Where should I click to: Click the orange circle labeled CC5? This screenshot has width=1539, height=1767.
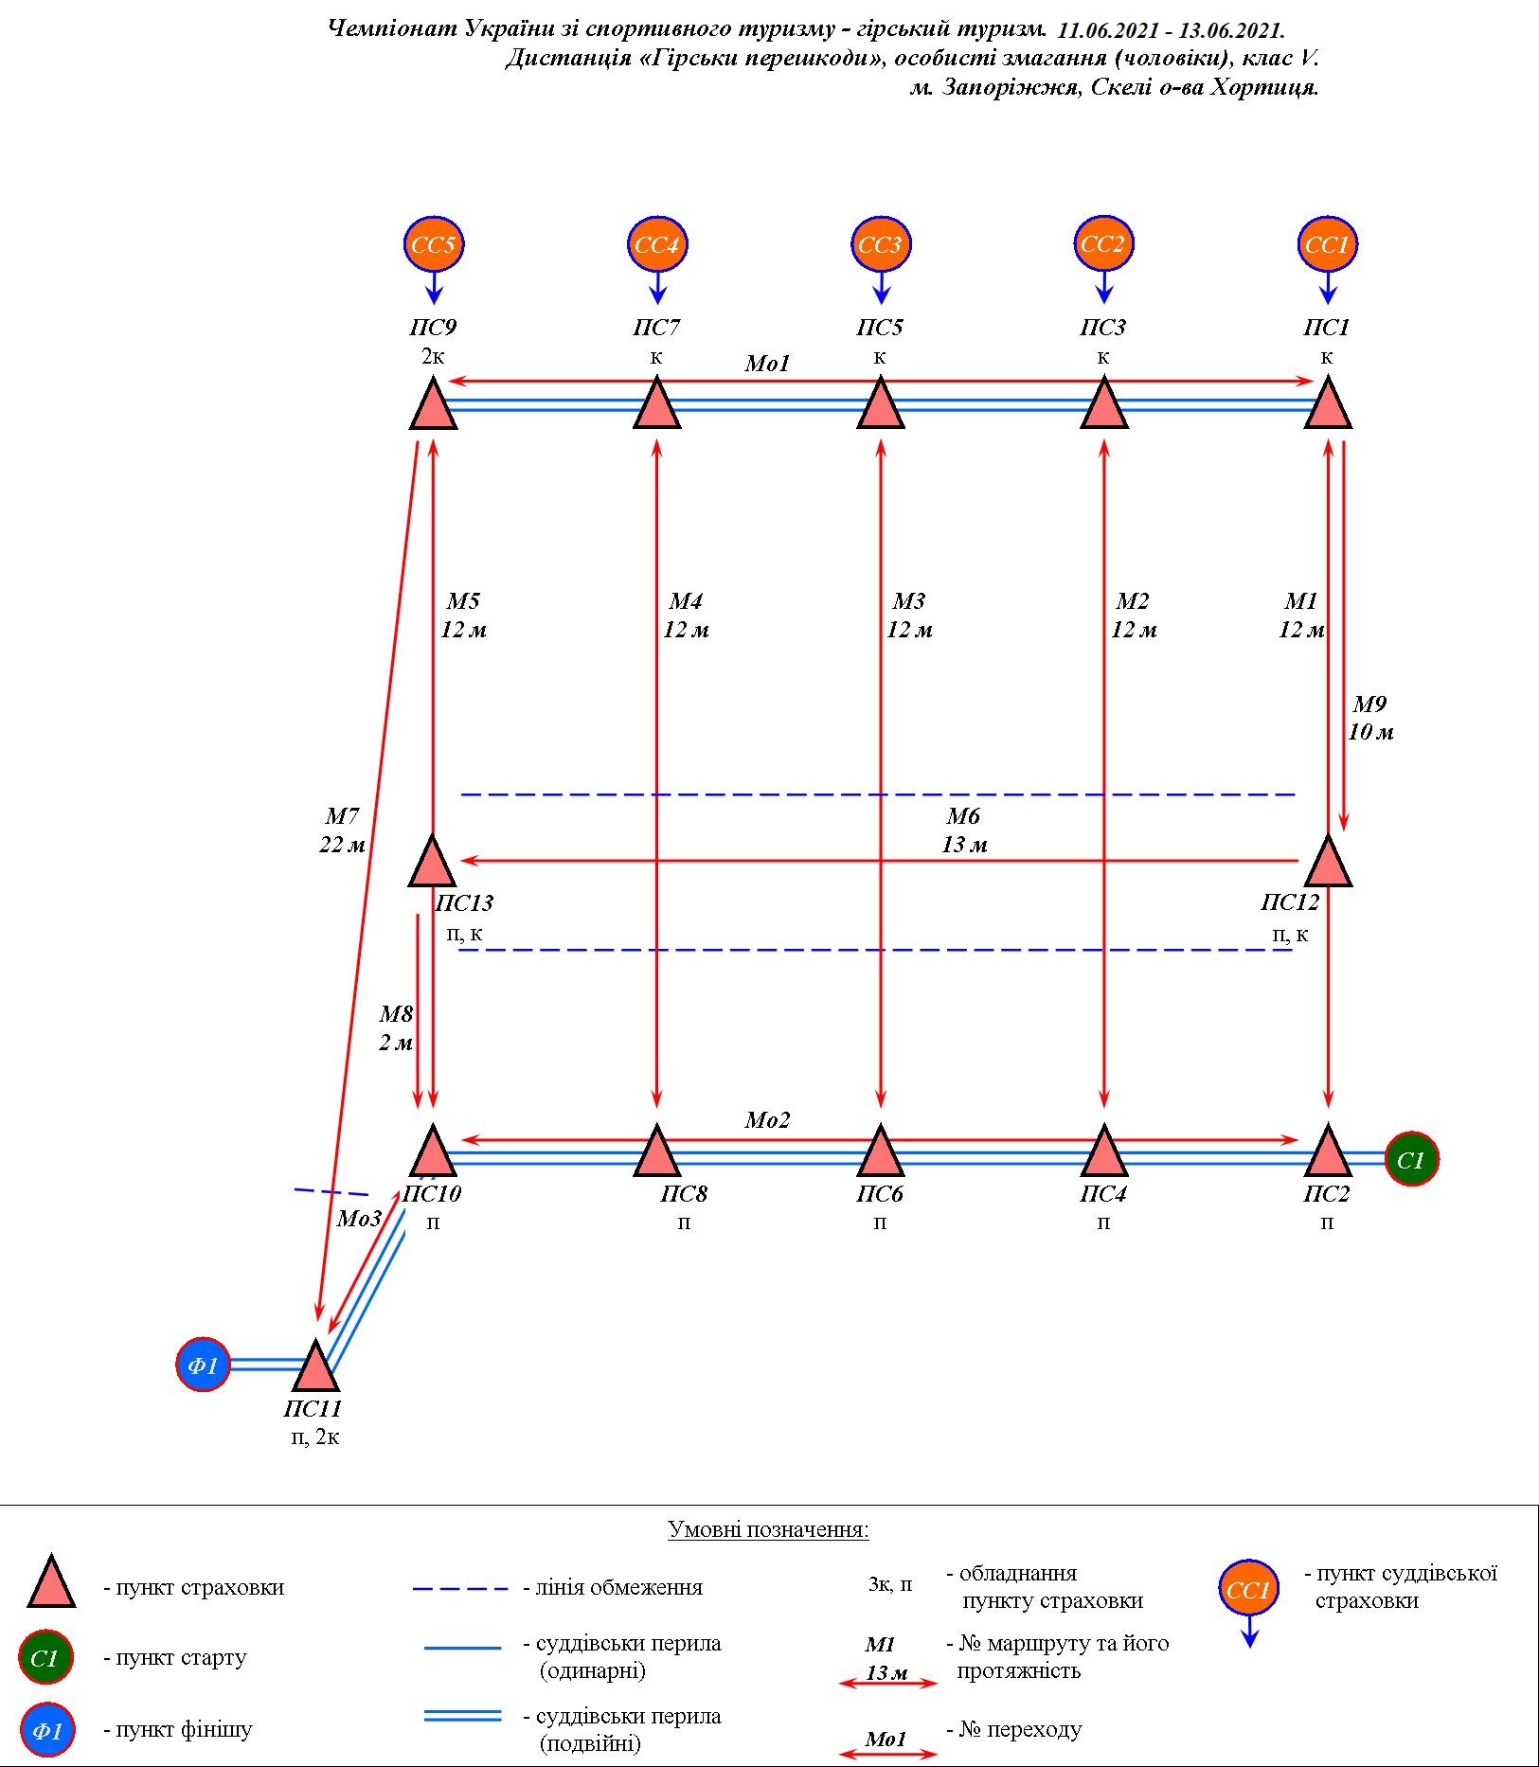[x=434, y=245]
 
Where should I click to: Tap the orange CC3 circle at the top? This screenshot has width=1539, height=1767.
[x=881, y=245]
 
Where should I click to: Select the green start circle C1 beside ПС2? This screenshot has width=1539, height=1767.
[x=1411, y=1159]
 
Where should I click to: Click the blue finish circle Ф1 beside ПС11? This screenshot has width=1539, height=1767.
[x=204, y=1365]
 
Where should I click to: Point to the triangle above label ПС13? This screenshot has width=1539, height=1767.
[x=434, y=861]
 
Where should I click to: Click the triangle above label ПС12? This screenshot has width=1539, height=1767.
[x=1328, y=861]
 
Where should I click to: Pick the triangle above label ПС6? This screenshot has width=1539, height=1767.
[x=881, y=1151]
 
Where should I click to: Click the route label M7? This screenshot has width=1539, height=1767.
[x=342, y=816]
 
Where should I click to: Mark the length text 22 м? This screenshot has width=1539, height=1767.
[x=342, y=845]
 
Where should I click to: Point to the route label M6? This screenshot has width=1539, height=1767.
[x=963, y=816]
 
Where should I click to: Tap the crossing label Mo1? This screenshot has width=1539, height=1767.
[x=767, y=364]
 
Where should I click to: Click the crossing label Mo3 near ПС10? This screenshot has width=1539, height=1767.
[x=359, y=1219]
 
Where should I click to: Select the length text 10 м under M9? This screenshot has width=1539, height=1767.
[x=1370, y=732]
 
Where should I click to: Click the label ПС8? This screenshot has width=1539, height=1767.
[x=684, y=1194]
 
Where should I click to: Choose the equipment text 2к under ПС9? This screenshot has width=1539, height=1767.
[x=433, y=357]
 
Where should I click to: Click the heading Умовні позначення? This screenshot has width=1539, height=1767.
[x=768, y=1529]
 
